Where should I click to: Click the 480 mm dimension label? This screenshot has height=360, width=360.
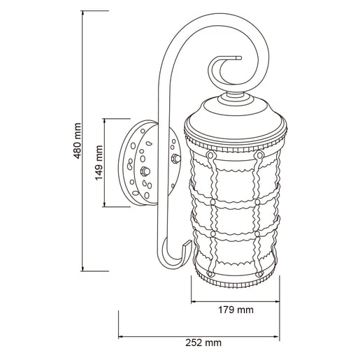coord(78,141)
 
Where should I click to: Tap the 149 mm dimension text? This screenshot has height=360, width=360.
coord(99,163)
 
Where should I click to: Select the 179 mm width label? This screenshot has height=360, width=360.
coord(236,310)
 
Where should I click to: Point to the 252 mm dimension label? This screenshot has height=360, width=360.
coord(203,343)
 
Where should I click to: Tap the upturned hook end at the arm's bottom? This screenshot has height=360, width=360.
coord(187,245)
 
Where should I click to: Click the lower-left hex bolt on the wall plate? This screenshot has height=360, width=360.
coord(145,171)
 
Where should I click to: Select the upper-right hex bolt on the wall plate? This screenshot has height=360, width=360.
coord(175,159)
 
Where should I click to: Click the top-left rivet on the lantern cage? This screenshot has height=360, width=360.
coord(210,155)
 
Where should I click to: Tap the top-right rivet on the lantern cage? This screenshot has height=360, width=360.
coord(259,155)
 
